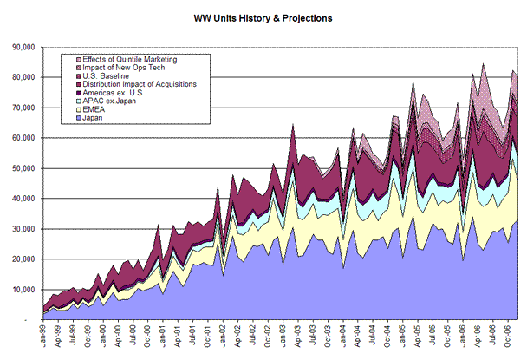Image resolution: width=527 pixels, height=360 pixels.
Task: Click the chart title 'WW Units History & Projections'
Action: click(263, 16)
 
